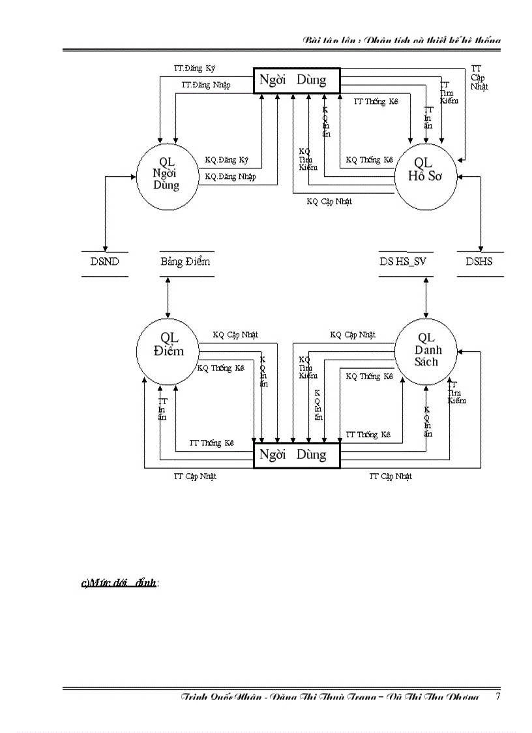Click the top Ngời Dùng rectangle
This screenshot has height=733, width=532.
point(297,81)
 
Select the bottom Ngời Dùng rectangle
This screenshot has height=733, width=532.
point(297,455)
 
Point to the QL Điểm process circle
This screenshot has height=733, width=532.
point(168,345)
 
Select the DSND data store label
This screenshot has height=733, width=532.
point(105,262)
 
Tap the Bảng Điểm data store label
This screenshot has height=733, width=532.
point(186,262)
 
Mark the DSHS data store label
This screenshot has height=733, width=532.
point(479,262)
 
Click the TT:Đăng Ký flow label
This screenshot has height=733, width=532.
point(194,68)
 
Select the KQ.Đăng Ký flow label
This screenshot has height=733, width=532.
point(226,160)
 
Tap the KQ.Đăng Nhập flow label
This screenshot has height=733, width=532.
point(230,177)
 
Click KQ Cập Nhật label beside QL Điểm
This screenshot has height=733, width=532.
point(235,335)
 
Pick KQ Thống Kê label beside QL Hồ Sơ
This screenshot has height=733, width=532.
point(369,160)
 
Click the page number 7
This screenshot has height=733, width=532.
point(498,696)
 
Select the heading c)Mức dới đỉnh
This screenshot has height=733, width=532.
point(119,583)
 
